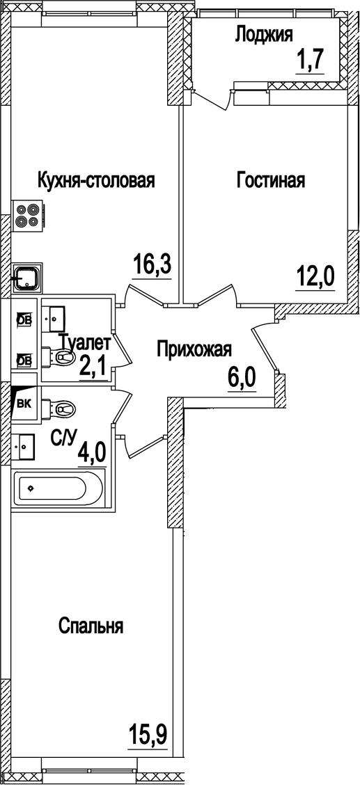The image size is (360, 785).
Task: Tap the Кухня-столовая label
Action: tap(95, 181)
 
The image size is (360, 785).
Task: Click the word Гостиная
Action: tap(271, 181)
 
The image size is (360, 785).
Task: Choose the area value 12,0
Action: tap(315, 278)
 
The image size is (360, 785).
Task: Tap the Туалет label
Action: tap(84, 342)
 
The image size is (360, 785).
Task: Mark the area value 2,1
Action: tap(91, 365)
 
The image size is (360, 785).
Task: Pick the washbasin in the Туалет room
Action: tap(54, 318)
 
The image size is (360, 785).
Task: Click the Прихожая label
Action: tap(193, 349)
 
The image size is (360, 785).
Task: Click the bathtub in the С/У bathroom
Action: tap(57, 488)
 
